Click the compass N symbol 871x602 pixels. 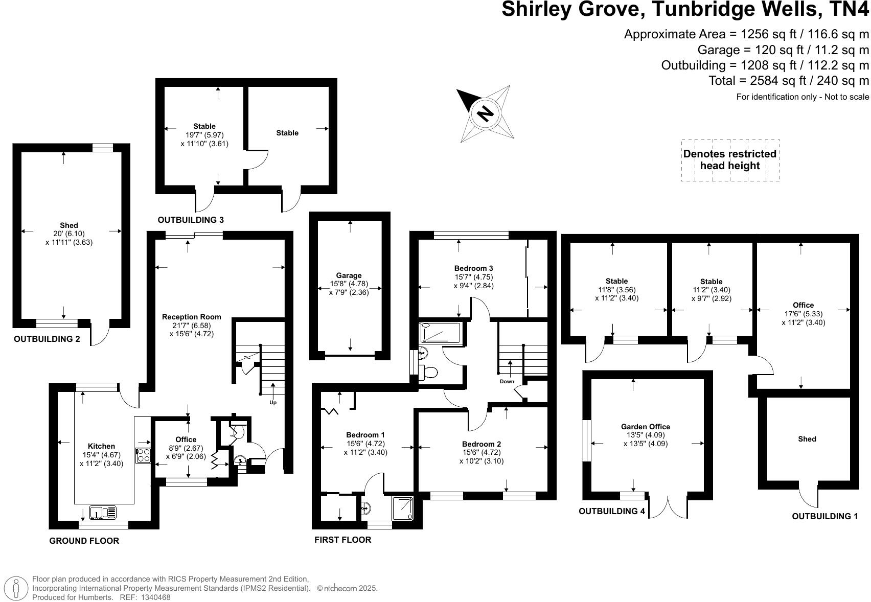484,113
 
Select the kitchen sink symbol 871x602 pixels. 103,512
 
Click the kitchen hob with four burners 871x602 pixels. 143,455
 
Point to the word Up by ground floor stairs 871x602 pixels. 273,403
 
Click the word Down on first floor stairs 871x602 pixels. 507,381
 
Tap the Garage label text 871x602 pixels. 349,275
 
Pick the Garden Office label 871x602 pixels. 645,427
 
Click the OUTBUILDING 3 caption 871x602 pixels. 191,220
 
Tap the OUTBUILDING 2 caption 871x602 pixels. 47,339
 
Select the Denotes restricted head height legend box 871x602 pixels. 729,160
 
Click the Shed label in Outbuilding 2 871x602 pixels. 68,225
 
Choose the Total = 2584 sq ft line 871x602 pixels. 788,80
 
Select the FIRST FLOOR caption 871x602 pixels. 342,540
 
